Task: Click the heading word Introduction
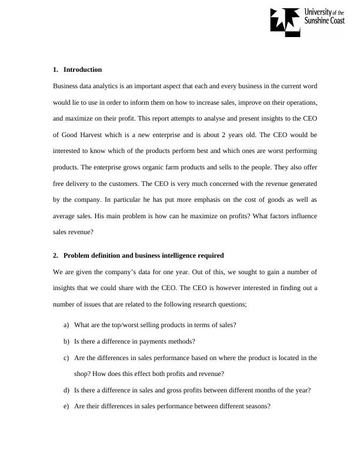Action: pos(82,69)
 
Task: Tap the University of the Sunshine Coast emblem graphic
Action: pos(285,20)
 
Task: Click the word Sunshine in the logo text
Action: pos(318,20)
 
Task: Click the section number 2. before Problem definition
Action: pos(56,255)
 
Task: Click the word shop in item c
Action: pos(82,374)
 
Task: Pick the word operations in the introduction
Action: pos(297,102)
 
